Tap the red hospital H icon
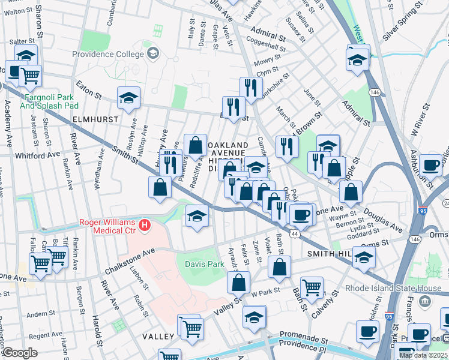tap(144, 226)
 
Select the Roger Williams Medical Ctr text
tap(108, 222)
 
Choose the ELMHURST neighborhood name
tap(95, 119)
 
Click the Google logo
tap(20, 353)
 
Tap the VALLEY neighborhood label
tap(158, 337)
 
